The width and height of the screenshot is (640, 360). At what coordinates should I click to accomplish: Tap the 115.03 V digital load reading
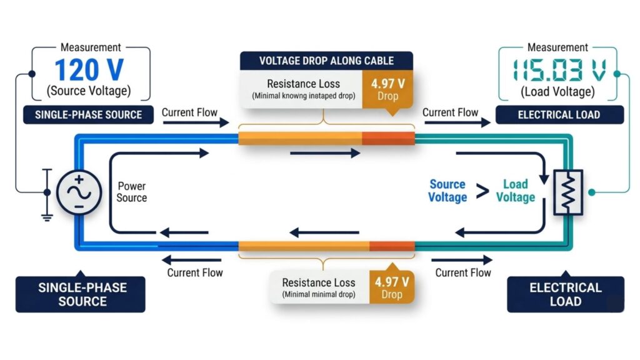pos(557,69)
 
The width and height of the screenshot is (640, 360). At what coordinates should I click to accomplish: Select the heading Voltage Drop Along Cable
pos(326,61)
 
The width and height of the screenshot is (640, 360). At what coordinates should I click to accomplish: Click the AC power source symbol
pos(79,192)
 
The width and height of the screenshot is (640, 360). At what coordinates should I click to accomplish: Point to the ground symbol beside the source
pos(47,212)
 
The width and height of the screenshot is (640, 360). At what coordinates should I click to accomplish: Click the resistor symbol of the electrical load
pos(567,192)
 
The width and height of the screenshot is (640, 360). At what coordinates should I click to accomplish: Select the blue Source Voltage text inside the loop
pos(447,191)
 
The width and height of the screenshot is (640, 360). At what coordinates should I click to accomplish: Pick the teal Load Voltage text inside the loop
pos(516,191)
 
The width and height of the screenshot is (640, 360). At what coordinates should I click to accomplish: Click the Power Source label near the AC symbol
pos(132,192)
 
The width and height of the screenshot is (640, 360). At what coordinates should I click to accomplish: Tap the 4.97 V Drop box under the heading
pos(387,88)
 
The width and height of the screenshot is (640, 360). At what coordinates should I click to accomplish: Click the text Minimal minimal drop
pos(319,294)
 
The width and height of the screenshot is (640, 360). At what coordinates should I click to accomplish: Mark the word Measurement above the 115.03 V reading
pos(557,47)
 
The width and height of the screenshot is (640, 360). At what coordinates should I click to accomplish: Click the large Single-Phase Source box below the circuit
pos(82,294)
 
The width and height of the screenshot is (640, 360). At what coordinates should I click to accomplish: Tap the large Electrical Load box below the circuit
pos(566,294)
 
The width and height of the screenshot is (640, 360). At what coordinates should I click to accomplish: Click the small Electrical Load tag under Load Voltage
pos(559,115)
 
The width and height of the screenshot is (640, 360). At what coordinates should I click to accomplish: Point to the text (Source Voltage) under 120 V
pos(88,91)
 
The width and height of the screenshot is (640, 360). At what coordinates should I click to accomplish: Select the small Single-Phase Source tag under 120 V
pos(88,115)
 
